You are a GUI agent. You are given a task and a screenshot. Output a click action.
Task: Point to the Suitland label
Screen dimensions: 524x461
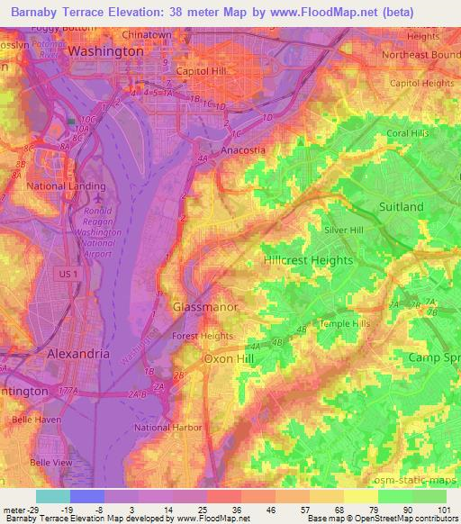pyautogui.click(x=401, y=206)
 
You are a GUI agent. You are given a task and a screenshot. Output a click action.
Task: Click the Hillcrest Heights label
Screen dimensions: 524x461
pyautogui.click(x=308, y=258)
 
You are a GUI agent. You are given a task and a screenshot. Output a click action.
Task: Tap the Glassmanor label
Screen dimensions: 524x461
pyautogui.click(x=204, y=307)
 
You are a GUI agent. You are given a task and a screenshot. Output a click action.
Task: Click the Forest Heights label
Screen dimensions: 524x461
pyautogui.click(x=203, y=338)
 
